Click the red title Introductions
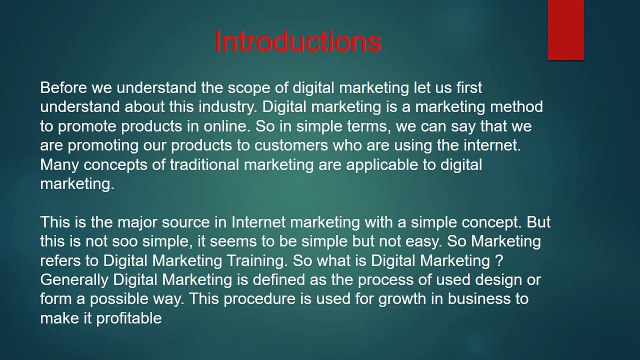pyautogui.click(x=298, y=42)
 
